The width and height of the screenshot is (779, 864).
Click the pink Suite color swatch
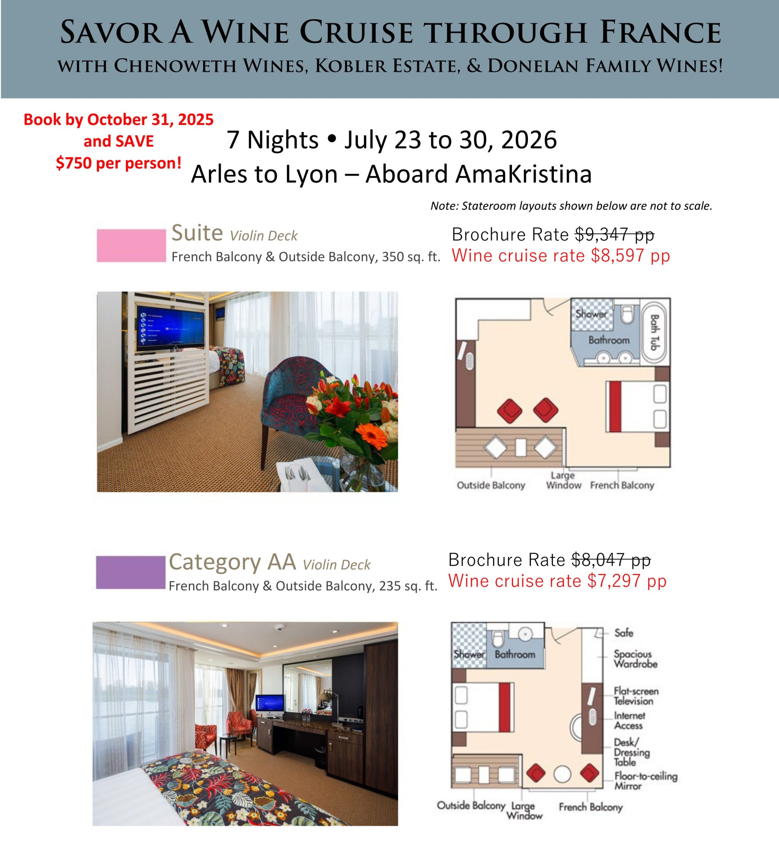pos(131,245)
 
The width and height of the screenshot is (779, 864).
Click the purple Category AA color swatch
pos(130,572)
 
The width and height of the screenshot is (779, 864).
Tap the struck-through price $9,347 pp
pos(614,234)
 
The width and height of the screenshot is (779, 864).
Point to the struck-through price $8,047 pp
pos(611,560)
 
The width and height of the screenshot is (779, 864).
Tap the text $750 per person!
pos(118,163)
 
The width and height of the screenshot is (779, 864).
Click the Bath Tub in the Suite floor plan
pos(654,332)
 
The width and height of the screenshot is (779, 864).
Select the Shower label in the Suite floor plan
pos(591,314)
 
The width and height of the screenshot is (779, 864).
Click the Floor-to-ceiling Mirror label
pos(645,781)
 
